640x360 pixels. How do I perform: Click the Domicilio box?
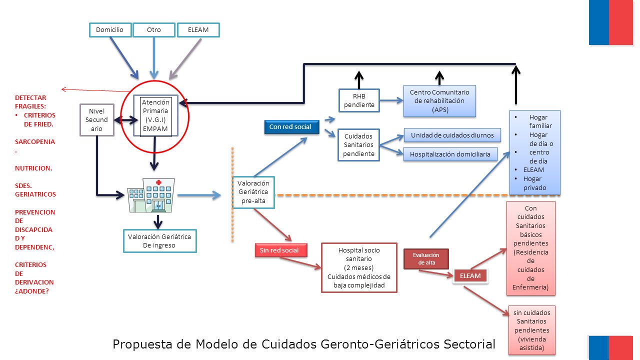coord(110,30)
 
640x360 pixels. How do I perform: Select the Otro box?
coord(154,30)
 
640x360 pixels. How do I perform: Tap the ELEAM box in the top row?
coord(198,30)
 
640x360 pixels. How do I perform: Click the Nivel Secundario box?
coord(97,119)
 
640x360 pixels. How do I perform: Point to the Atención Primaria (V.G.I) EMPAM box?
coord(155,115)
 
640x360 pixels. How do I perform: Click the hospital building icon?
coord(151,195)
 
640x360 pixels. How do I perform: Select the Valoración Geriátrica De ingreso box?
coord(159,241)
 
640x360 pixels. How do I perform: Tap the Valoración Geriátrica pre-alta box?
coord(253,192)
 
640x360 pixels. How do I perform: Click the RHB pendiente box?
coord(359,100)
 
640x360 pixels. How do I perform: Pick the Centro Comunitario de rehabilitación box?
coord(439,101)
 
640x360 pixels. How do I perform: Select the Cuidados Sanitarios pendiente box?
coord(358,145)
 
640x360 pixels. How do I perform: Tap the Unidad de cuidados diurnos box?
coord(452,135)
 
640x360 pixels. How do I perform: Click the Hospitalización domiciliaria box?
coord(450,154)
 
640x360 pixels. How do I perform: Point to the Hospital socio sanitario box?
coord(359,267)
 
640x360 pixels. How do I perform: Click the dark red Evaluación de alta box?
coord(426,259)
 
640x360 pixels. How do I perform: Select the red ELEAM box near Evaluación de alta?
coord(470,275)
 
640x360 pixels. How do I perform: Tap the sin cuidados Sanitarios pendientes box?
coord(531,330)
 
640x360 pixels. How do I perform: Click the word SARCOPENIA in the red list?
coord(35,141)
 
